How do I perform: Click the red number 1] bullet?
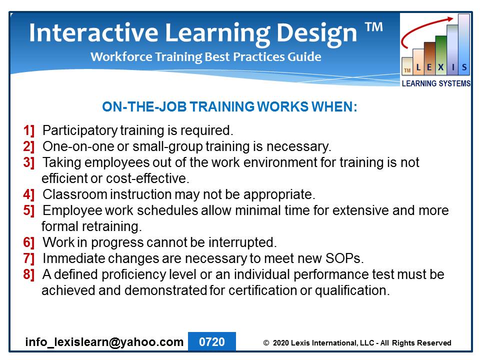(x=29, y=130)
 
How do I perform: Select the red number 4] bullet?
(x=29, y=194)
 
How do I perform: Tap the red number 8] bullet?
(x=29, y=274)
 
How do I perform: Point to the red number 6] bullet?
(x=29, y=242)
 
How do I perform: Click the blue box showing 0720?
(x=212, y=341)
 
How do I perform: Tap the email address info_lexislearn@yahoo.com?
(x=104, y=342)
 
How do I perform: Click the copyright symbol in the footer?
(x=266, y=343)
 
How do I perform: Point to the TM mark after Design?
(x=374, y=27)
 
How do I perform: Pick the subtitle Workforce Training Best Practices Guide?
(x=205, y=57)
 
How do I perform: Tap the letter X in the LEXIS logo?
(x=441, y=67)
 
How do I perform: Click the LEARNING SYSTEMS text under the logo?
(x=436, y=83)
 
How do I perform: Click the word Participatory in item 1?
(x=80, y=130)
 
